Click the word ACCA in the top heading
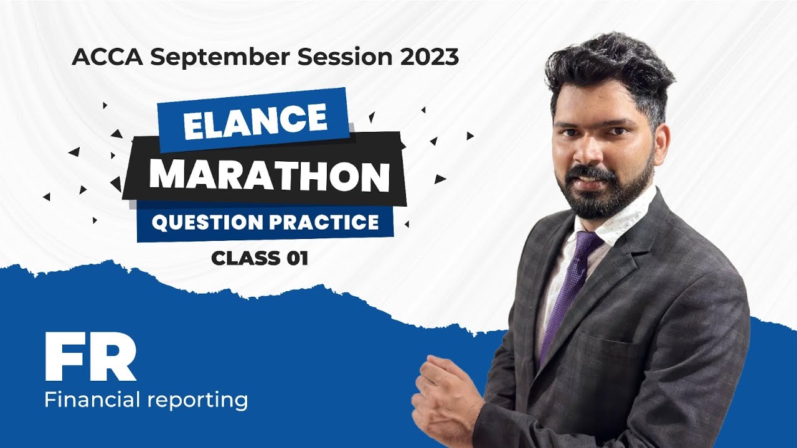point(107,57)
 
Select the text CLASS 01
point(260,258)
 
